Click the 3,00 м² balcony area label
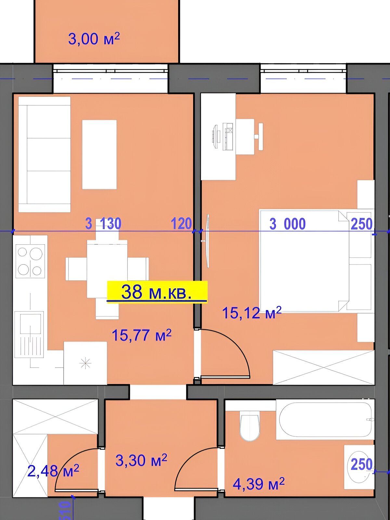[x=94, y=39]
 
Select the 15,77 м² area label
[x=141, y=335]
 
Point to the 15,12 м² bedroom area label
[x=252, y=312]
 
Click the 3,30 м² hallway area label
[x=141, y=460]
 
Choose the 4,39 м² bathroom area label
[x=259, y=484]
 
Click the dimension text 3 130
[x=103, y=223]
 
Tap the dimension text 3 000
[x=288, y=224]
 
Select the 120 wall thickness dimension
[x=181, y=223]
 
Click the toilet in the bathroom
[x=250, y=425]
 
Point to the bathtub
[x=325, y=419]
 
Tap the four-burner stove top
[x=30, y=261]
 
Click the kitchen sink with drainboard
[x=29, y=334]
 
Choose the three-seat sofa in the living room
[x=44, y=154]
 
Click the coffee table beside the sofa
[x=99, y=154]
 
